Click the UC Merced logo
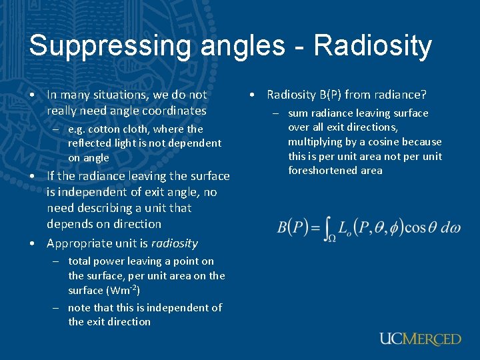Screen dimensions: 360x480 click(x=420, y=339)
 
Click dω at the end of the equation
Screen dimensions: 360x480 click(x=450, y=227)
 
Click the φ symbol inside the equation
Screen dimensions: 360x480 click(x=393, y=227)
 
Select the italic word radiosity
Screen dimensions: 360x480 click(x=175, y=243)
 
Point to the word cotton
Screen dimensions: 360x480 click(x=105, y=129)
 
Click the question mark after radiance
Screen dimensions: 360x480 click(x=423, y=95)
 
